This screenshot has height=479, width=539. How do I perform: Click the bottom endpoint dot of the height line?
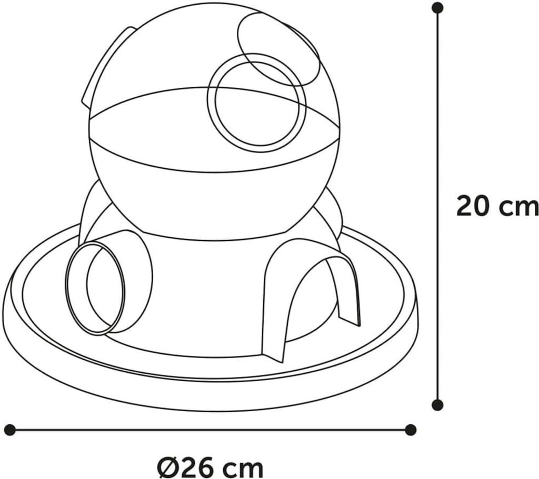(x=437, y=405)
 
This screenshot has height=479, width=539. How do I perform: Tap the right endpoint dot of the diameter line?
(x=411, y=430)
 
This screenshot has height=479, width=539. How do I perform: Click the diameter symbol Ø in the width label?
(x=167, y=466)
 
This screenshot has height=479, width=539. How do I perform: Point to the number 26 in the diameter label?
(x=197, y=466)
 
